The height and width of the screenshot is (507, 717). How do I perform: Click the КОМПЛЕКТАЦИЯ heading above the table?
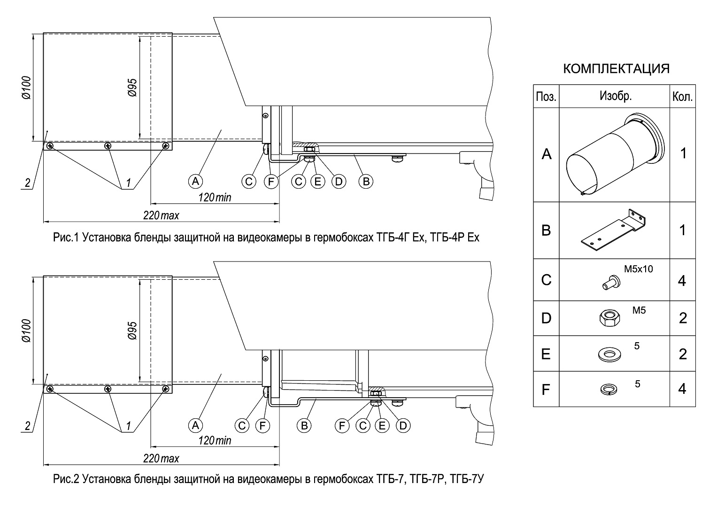pyautogui.click(x=616, y=69)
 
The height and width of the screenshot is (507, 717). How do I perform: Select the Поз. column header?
pyautogui.click(x=546, y=97)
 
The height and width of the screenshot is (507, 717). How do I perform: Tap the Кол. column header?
pyautogui.click(x=683, y=97)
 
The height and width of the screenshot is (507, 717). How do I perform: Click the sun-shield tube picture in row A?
pyautogui.click(x=615, y=154)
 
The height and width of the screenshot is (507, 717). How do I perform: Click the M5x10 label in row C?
pyautogui.click(x=638, y=269)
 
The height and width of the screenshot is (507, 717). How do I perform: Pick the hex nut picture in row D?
pyautogui.click(x=609, y=319)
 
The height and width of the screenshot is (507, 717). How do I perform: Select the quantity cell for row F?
pyautogui.click(x=683, y=389)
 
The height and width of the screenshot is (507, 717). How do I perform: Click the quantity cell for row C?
pyautogui.click(x=683, y=280)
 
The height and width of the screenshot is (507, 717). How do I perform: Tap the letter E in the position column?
pyautogui.click(x=546, y=354)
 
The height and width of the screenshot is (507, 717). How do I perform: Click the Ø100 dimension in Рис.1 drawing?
pyautogui.click(x=26, y=87)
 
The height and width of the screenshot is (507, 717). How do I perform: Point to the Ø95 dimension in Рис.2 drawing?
pyautogui.click(x=132, y=331)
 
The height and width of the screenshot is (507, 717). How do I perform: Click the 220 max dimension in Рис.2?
pyautogui.click(x=161, y=459)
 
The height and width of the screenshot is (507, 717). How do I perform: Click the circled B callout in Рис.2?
pyautogui.click(x=304, y=425)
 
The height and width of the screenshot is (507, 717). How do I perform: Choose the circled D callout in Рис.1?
pyautogui.click(x=338, y=181)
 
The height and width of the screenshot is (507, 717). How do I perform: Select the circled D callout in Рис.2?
pyautogui.click(x=402, y=425)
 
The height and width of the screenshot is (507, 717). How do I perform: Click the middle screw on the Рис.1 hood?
pyautogui.click(x=108, y=146)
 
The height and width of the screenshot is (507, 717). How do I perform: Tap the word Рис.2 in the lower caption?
pyautogui.click(x=66, y=479)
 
